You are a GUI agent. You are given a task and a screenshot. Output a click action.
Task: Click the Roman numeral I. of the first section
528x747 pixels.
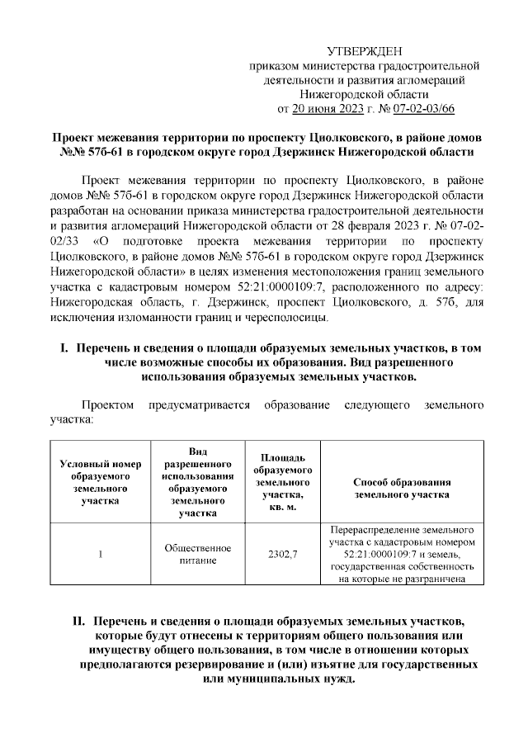coord(63,348)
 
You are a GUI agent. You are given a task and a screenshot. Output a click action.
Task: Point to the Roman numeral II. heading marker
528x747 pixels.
coord(80,619)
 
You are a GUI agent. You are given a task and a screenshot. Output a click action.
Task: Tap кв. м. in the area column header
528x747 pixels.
coord(285,504)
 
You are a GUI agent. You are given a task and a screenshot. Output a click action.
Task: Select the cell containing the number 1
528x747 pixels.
coord(101,555)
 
